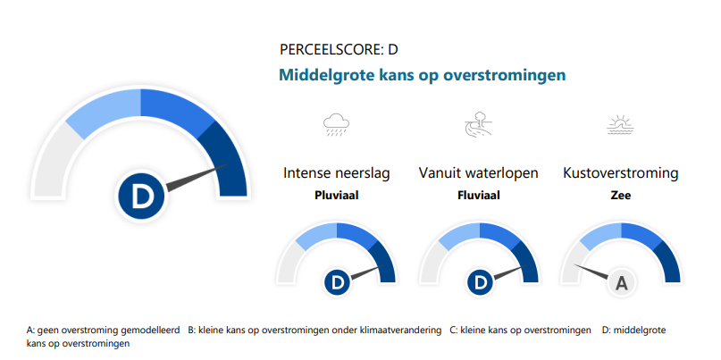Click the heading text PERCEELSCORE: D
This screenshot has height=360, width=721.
tap(339, 50)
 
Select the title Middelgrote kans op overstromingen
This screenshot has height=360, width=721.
tap(422, 75)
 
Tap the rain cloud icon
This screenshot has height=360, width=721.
tap(336, 124)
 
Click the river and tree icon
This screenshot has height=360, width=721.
tap(478, 123)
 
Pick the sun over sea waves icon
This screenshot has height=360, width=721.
tap(621, 124)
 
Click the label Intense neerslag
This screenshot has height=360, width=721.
tap(337, 173)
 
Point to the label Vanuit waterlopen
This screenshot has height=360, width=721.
tap(478, 173)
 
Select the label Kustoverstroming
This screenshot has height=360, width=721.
tap(621, 173)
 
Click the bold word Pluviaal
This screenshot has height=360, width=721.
tap(337, 196)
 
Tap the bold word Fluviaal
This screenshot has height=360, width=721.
tap(479, 196)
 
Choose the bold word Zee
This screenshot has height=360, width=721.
tap(621, 196)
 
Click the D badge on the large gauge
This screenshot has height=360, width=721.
tap(140, 197)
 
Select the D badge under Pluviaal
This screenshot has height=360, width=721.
tap(337, 282)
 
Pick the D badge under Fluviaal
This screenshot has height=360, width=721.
tap(480, 282)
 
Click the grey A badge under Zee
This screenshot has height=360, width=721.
tap(622, 282)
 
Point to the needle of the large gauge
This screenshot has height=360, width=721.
tap(197, 177)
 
